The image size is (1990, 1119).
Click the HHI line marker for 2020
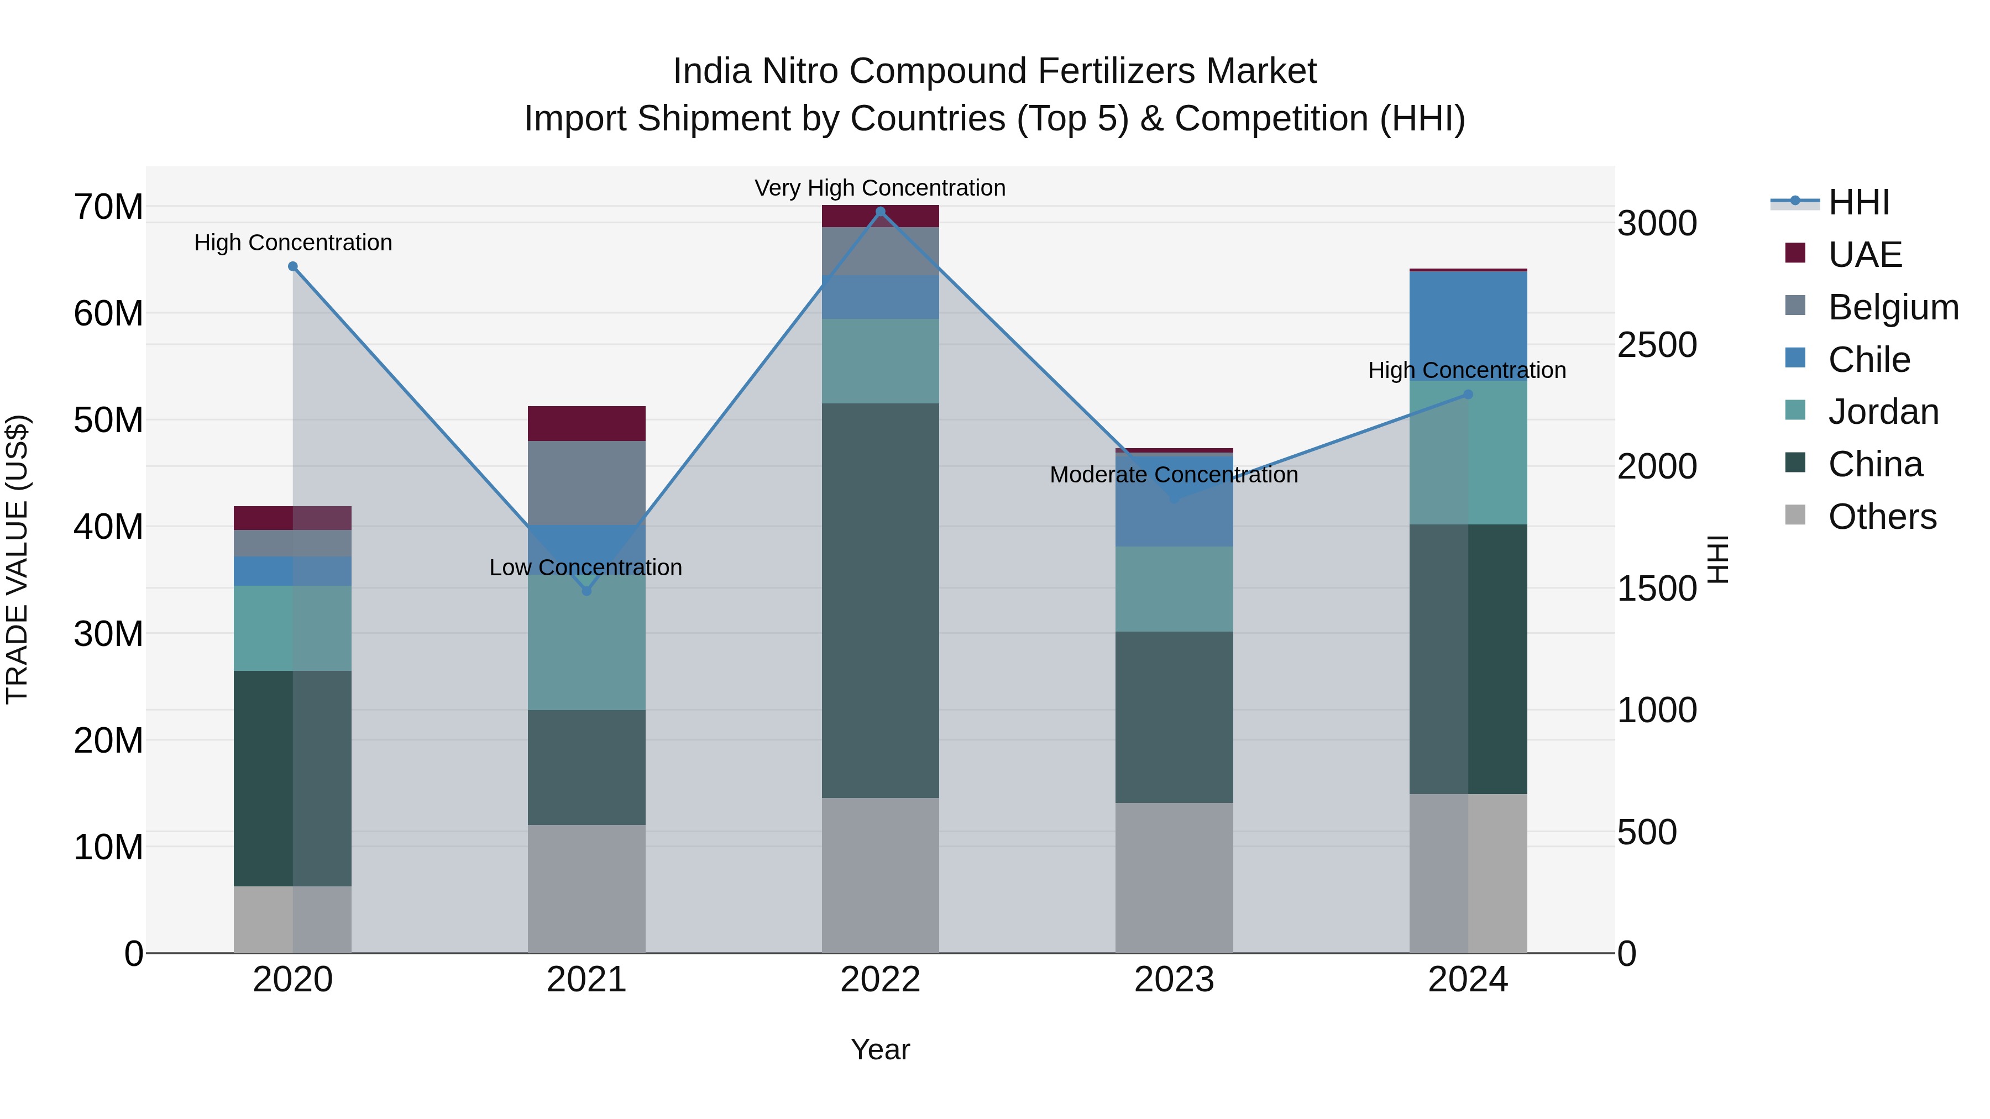click(x=293, y=266)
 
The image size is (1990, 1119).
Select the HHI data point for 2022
click(x=880, y=212)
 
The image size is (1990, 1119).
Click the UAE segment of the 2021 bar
click(x=586, y=423)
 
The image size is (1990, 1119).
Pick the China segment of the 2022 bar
click(x=880, y=600)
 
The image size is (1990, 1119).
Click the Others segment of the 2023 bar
click(x=1174, y=878)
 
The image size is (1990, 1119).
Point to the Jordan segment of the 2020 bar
click(x=293, y=628)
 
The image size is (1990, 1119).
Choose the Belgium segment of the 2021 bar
click(x=586, y=482)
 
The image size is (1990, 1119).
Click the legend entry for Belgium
click(x=1893, y=307)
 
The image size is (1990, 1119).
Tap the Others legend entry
click(x=1882, y=517)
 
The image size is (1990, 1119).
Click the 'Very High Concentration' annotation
click(x=880, y=188)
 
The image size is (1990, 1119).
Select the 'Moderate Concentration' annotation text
click(x=1174, y=475)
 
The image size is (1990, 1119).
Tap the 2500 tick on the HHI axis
click(x=1657, y=345)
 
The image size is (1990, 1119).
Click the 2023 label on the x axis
click(x=1174, y=980)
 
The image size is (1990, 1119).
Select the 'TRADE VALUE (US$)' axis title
click(x=17, y=559)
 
